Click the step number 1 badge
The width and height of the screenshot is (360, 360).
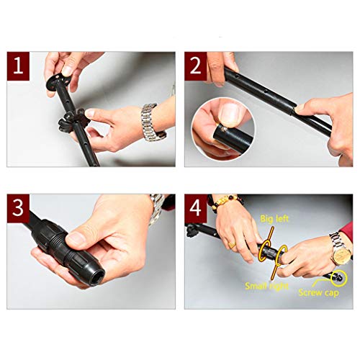(18, 66)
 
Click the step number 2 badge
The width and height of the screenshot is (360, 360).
(196, 66)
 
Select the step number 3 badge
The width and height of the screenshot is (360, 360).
(18, 208)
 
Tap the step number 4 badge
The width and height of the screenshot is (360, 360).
(196, 208)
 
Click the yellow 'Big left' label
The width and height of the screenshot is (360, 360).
(274, 219)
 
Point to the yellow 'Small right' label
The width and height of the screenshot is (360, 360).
(266, 286)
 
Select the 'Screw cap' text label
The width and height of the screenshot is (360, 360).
(318, 292)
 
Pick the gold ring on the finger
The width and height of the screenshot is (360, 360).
(232, 245)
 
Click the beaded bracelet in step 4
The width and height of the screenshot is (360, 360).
(225, 201)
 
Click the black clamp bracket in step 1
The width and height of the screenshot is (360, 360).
(72, 121)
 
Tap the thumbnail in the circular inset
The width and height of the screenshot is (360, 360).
(230, 113)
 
